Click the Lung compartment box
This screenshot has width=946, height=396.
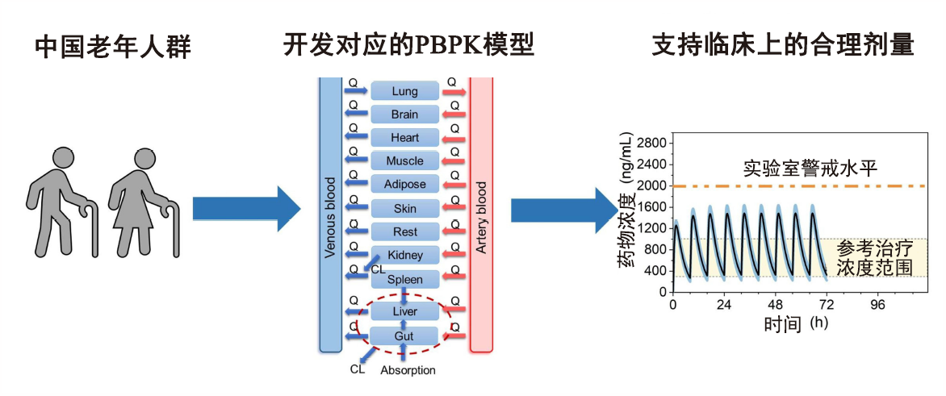[x=404, y=91]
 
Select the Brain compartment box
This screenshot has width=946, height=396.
[x=404, y=115]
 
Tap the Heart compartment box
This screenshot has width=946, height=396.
[x=404, y=138]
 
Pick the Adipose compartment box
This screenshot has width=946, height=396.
[x=404, y=185]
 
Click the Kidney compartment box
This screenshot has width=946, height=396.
[x=404, y=255]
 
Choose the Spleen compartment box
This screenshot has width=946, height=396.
[x=404, y=279]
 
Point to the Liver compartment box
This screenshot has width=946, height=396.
[x=404, y=311]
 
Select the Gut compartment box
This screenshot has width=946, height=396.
[x=404, y=336]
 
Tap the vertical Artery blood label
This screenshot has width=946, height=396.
[x=481, y=218]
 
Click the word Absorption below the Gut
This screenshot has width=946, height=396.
[x=408, y=370]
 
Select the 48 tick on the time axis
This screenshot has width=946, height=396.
[x=776, y=306]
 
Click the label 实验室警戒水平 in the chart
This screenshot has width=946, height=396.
[x=810, y=169]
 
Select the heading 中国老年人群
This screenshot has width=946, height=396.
[x=112, y=48]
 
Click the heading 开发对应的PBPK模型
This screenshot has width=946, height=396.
[x=408, y=44]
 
